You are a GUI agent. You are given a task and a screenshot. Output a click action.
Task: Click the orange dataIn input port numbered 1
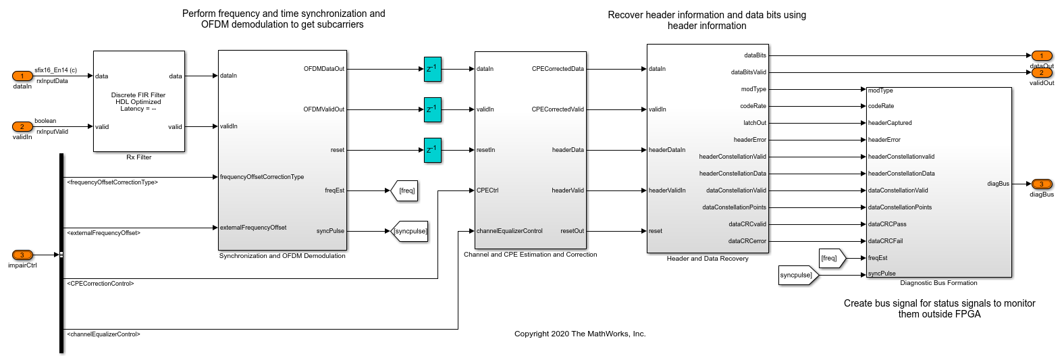tap(22, 76)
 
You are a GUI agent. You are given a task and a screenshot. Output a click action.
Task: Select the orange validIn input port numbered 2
tap(22, 127)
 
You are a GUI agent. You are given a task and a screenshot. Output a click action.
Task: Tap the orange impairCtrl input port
tap(22, 255)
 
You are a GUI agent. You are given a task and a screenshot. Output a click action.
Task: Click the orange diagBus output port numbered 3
tap(1041, 184)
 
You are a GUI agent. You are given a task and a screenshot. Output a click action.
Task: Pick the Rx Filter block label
tap(139, 157)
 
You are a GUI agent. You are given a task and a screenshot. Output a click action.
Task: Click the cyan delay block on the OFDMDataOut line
tap(433, 69)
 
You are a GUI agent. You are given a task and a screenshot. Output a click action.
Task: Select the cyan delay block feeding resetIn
tap(433, 150)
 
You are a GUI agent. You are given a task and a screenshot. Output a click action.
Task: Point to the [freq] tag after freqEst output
tap(406, 191)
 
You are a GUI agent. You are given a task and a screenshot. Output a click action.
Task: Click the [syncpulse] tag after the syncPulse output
tap(410, 232)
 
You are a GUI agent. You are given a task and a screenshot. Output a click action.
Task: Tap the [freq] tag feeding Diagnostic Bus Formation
tap(830, 258)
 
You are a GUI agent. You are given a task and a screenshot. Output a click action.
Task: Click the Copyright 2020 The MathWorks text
tap(580, 334)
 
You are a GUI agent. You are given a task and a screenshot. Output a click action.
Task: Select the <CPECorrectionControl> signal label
tap(101, 284)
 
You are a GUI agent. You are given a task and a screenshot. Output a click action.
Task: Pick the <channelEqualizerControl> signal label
tap(103, 334)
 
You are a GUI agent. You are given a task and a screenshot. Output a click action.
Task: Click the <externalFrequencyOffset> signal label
tap(104, 233)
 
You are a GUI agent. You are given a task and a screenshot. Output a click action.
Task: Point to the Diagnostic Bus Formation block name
tap(938, 283)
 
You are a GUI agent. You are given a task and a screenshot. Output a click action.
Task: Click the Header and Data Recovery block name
tap(708, 259)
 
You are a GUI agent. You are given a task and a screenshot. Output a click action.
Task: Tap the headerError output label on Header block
tap(749, 140)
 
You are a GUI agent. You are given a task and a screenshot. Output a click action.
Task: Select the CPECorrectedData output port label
tap(558, 69)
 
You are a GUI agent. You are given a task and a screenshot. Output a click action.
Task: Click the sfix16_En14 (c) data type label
tap(55, 70)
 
